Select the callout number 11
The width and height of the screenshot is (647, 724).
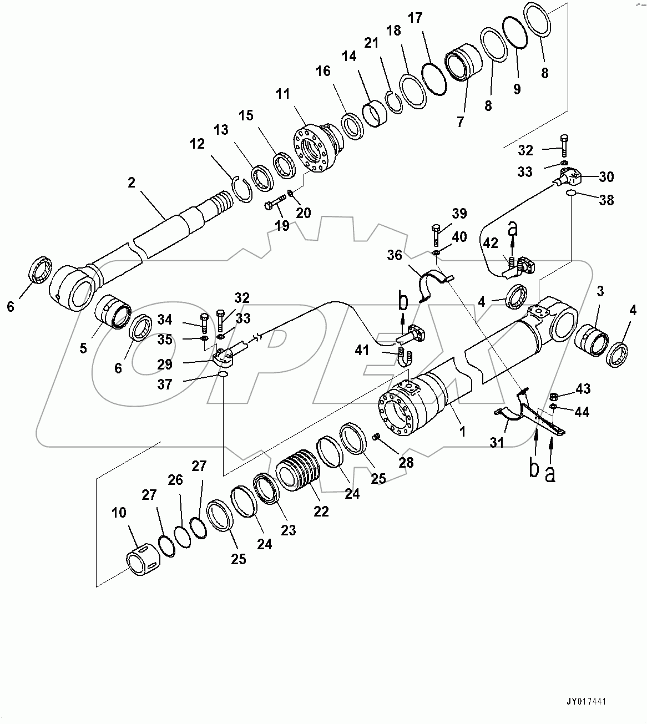pos(283,94)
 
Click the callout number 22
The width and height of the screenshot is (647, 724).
pos(321,511)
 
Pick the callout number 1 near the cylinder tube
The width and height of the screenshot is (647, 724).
pos(462,431)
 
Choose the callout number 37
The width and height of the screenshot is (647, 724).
pos(165,384)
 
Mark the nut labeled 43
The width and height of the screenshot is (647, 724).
pos(553,396)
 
